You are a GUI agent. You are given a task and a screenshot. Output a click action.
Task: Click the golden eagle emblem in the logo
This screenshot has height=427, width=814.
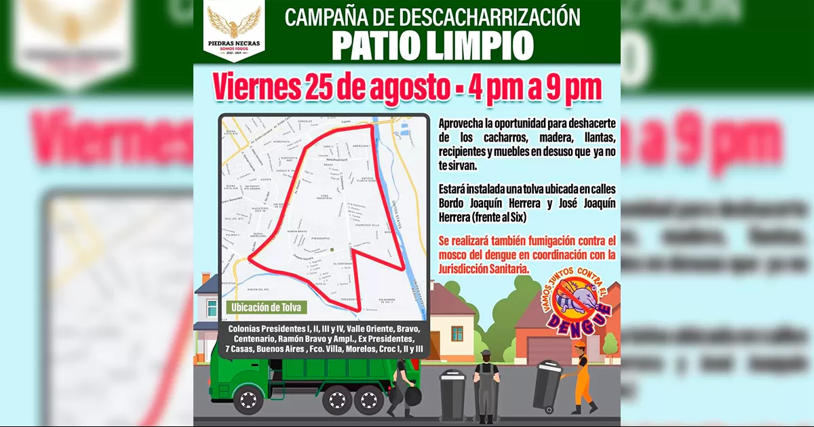click(233, 21)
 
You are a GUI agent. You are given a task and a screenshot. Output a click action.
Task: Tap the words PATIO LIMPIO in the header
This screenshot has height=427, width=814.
click(433, 46)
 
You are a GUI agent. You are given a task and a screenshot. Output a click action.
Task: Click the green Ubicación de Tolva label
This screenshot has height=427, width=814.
click(265, 307)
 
